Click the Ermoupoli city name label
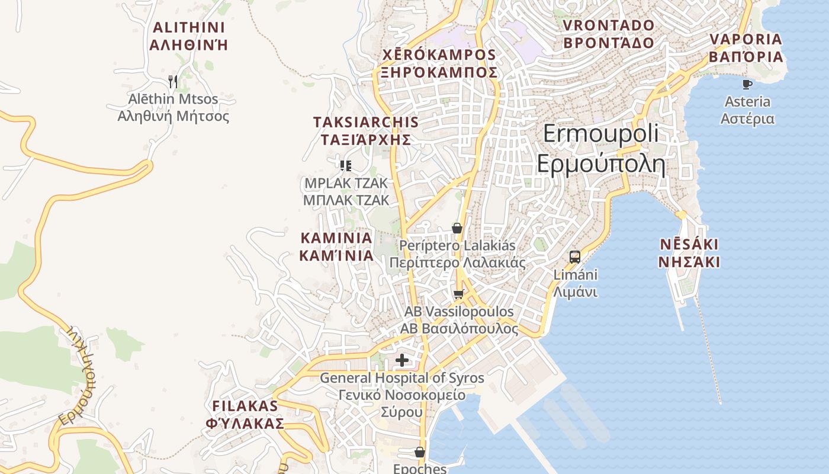pyautogui.click(x=600, y=148)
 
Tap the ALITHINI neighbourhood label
pyautogui.click(x=189, y=36)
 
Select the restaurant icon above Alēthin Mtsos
pyautogui.click(x=173, y=81)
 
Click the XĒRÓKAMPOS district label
pyautogui.click(x=439, y=63)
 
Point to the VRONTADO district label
pyautogui.click(x=609, y=34)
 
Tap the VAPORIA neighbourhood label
pyautogui.click(x=746, y=48)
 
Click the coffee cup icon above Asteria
pyautogui.click(x=747, y=84)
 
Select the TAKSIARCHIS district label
pyautogui.click(x=365, y=131)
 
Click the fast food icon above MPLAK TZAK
pyautogui.click(x=346, y=165)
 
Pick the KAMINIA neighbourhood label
pyautogui.click(x=336, y=246)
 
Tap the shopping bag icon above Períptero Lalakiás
pyautogui.click(x=457, y=228)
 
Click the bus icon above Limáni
pyautogui.click(x=575, y=257)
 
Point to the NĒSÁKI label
pyautogui.click(x=689, y=253)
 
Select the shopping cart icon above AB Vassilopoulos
pyautogui.click(x=458, y=294)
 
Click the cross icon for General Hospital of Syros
pyautogui.click(x=402, y=360)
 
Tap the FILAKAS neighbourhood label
pyautogui.click(x=245, y=415)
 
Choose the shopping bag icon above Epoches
pyautogui.click(x=420, y=453)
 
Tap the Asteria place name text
pyautogui.click(x=747, y=110)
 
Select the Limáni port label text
pyautogui.click(x=575, y=283)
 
